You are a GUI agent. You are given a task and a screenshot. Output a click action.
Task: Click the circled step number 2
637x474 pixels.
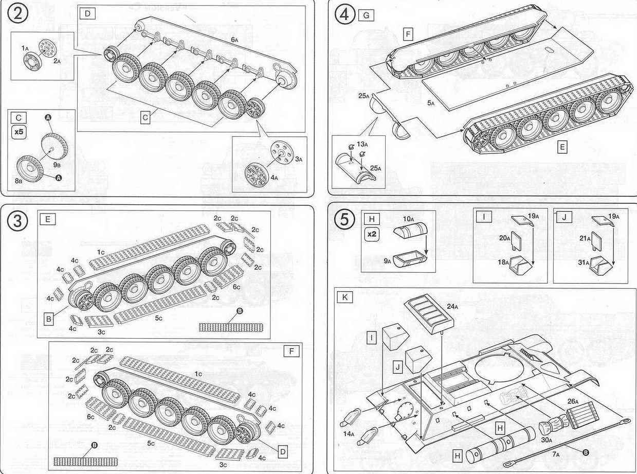point(18,15)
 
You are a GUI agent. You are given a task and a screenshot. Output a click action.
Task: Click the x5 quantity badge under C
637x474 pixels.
point(19,132)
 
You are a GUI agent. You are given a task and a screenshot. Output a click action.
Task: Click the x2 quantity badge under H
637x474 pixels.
point(372,233)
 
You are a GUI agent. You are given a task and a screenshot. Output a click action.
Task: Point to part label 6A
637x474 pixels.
point(234,40)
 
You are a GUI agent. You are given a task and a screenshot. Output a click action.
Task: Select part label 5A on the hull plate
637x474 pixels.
point(431,103)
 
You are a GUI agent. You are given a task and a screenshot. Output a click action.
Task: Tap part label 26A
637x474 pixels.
point(573,401)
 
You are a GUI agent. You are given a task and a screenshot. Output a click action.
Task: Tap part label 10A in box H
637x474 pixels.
point(408,219)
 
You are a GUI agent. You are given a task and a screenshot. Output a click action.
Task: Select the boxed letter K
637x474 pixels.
point(345,297)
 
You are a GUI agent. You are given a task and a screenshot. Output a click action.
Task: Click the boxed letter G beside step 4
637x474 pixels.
point(366,15)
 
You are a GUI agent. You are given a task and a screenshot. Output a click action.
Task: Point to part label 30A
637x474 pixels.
point(546,440)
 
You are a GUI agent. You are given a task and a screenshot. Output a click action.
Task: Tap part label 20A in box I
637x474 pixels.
point(504,238)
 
